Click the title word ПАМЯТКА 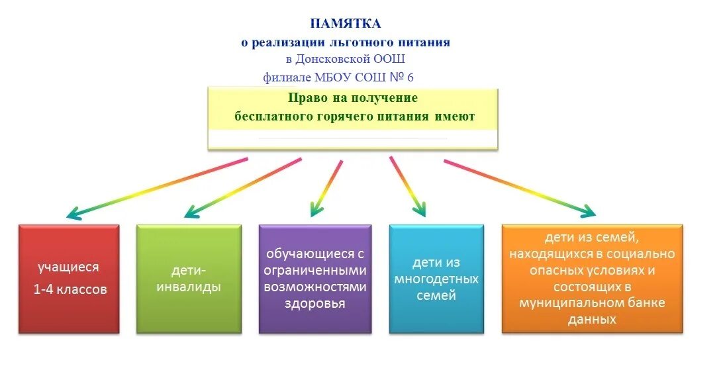[x=345, y=24]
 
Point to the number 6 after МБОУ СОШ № [x=410, y=77]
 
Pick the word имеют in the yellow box [x=455, y=117]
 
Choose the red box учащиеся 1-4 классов [x=68, y=279]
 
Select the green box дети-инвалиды [x=188, y=279]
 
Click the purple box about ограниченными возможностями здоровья [x=314, y=279]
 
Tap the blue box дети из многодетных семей [x=436, y=279]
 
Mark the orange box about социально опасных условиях [x=592, y=278]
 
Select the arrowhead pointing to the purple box [x=316, y=211]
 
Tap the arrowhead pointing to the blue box [x=419, y=210]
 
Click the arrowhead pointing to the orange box [x=587, y=212]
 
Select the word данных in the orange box [x=592, y=319]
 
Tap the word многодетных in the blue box [x=436, y=279]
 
